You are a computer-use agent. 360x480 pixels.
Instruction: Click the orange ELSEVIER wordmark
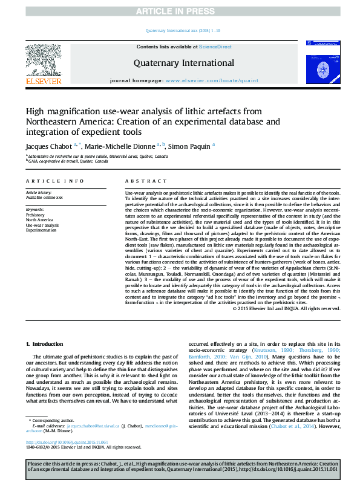[x=44, y=80]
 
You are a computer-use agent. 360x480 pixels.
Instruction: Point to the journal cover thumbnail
[x=320, y=62]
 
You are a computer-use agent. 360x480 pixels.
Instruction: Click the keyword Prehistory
[x=35, y=215]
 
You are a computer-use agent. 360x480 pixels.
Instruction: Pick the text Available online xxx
[x=44, y=198]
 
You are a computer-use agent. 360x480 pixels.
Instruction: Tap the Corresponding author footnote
[x=54, y=436]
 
